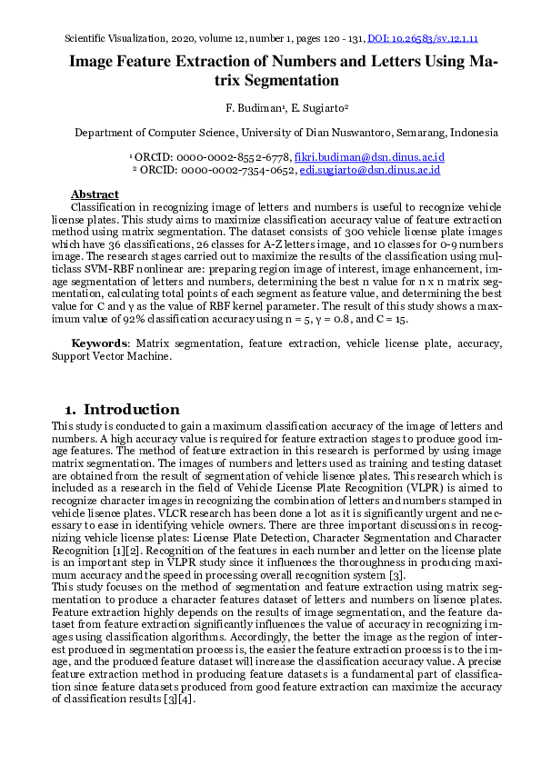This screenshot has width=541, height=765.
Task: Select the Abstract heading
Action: click(x=95, y=194)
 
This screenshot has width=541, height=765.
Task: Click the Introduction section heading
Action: click(x=137, y=409)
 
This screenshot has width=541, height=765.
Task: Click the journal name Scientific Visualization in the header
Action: click(x=115, y=38)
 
